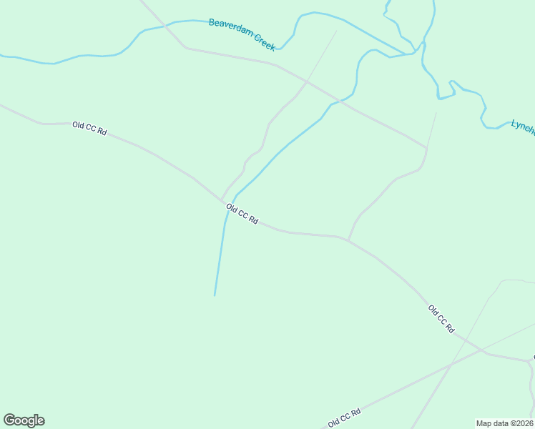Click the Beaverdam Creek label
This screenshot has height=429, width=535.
coord(242,34)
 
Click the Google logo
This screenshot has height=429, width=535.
coord(24,420)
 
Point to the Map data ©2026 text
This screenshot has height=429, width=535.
coord(505,423)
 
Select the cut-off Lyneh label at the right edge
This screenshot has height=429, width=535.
coord(523,126)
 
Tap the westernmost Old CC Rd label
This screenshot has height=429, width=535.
coord(89,129)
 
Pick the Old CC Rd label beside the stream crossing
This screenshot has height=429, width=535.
coord(242,214)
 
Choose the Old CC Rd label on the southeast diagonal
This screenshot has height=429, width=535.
coord(441,319)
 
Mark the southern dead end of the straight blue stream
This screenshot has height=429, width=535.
coord(215,295)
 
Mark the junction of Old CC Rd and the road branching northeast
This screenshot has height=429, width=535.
coord(348,240)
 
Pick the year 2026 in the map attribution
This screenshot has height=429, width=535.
coord(524,423)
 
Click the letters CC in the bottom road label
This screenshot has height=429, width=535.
coord(345,417)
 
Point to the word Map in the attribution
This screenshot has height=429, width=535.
coord(484,423)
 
